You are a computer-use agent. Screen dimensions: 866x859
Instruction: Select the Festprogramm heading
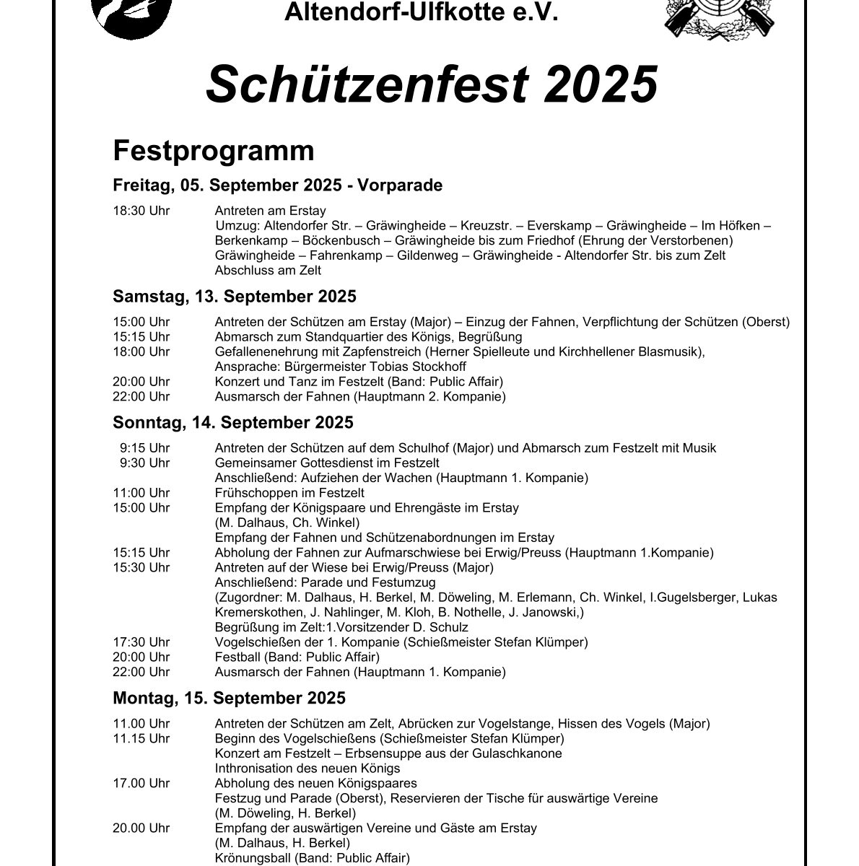pos(214,152)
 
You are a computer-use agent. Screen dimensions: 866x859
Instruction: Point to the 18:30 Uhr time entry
pos(141,211)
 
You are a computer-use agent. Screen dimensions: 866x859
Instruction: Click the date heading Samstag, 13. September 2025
pos(234,297)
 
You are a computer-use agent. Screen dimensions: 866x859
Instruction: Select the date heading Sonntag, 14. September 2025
pos(232,422)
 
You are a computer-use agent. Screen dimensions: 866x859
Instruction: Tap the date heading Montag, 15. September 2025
pos(229,698)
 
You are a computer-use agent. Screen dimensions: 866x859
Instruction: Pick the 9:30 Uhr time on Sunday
pos(144,463)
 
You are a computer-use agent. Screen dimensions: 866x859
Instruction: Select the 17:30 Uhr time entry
pos(141,642)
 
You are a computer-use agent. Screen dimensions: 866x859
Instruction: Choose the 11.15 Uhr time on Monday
pos(141,738)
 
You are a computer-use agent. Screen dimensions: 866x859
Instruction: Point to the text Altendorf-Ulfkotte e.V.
pos(422,12)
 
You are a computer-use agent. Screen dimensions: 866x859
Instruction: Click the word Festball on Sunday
pos(237,657)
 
